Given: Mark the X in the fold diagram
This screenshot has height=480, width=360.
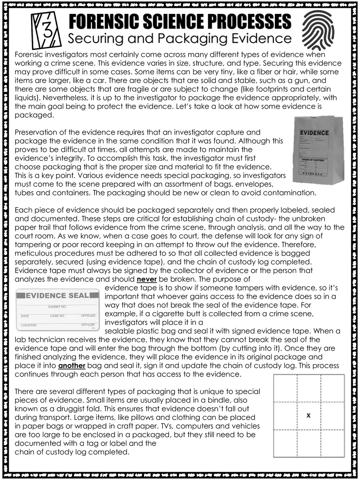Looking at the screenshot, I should tap(308, 415).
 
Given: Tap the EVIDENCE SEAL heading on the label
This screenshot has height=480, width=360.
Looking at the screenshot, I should tap(57, 295).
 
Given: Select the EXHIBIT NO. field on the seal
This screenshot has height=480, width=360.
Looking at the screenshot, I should tap(57, 306).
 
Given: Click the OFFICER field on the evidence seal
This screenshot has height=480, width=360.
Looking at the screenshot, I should tap(88, 325).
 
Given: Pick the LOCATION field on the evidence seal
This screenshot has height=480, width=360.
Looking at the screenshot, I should tap(28, 325).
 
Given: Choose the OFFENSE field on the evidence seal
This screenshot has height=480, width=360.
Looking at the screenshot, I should tap(88, 316).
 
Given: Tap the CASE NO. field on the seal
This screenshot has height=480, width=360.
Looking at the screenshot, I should tap(57, 316).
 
